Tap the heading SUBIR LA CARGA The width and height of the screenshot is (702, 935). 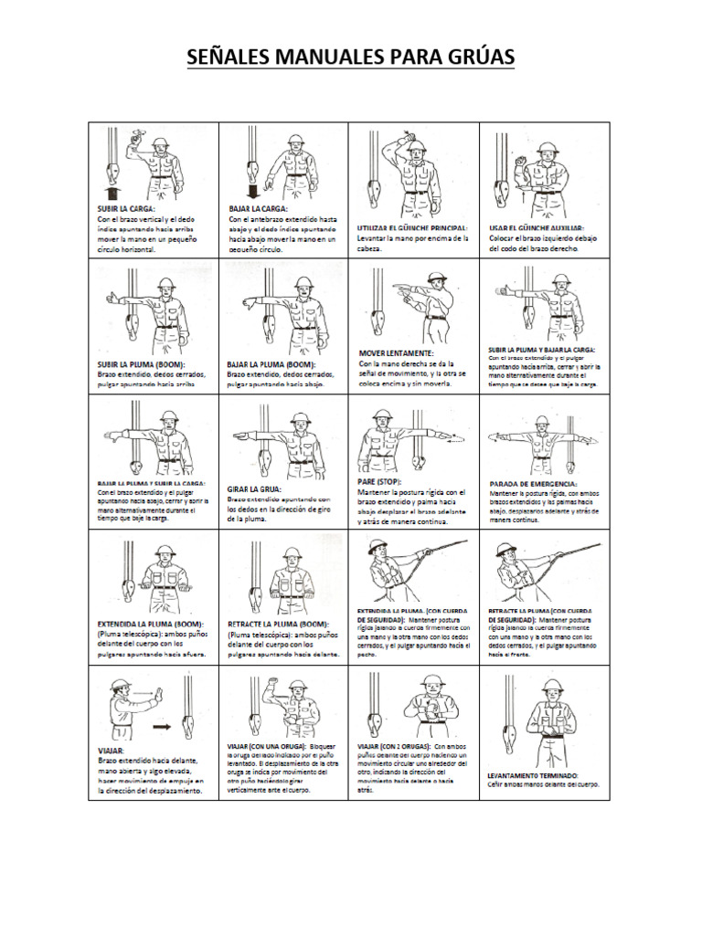(x=127, y=209)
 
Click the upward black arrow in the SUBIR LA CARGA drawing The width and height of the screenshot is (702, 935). (x=111, y=192)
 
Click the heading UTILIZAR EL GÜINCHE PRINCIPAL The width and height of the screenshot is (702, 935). (x=412, y=226)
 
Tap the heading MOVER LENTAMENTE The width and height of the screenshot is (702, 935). (x=396, y=352)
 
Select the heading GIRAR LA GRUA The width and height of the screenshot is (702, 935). (x=253, y=489)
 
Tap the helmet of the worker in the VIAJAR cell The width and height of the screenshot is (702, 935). (x=119, y=686)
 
